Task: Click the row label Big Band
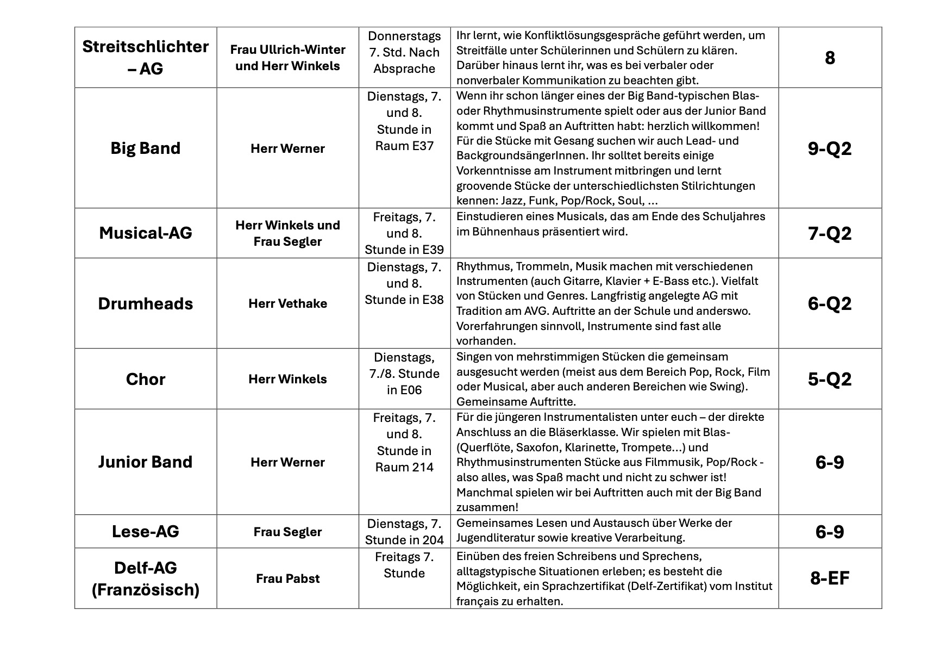(145, 148)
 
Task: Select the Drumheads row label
(145, 303)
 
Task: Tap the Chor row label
(145, 379)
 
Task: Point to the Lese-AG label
(145, 531)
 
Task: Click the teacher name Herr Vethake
(287, 303)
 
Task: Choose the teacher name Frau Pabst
(287, 579)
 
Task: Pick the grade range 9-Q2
(829, 148)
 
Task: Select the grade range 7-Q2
(829, 233)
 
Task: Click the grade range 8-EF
(829, 578)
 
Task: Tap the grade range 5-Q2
(829, 379)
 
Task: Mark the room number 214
(422, 467)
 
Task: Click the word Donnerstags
(404, 36)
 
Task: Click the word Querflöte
(486, 448)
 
